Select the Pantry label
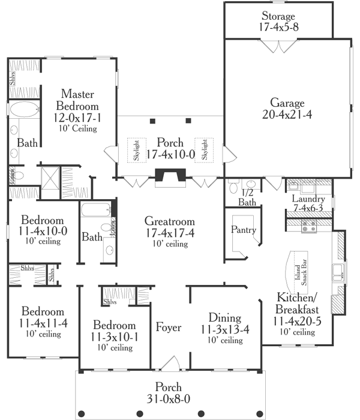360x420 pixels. (x=244, y=230)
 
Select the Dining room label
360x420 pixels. (x=225, y=317)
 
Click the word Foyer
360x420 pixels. (x=169, y=328)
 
